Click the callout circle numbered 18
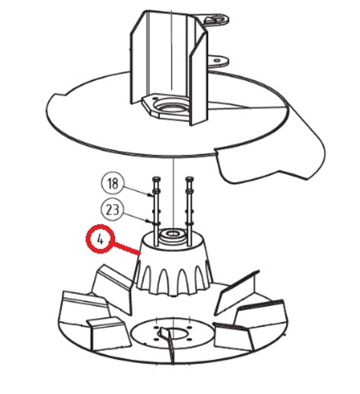tap(112, 183)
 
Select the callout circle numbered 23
tap(112, 210)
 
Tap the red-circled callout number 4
tap(100, 239)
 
